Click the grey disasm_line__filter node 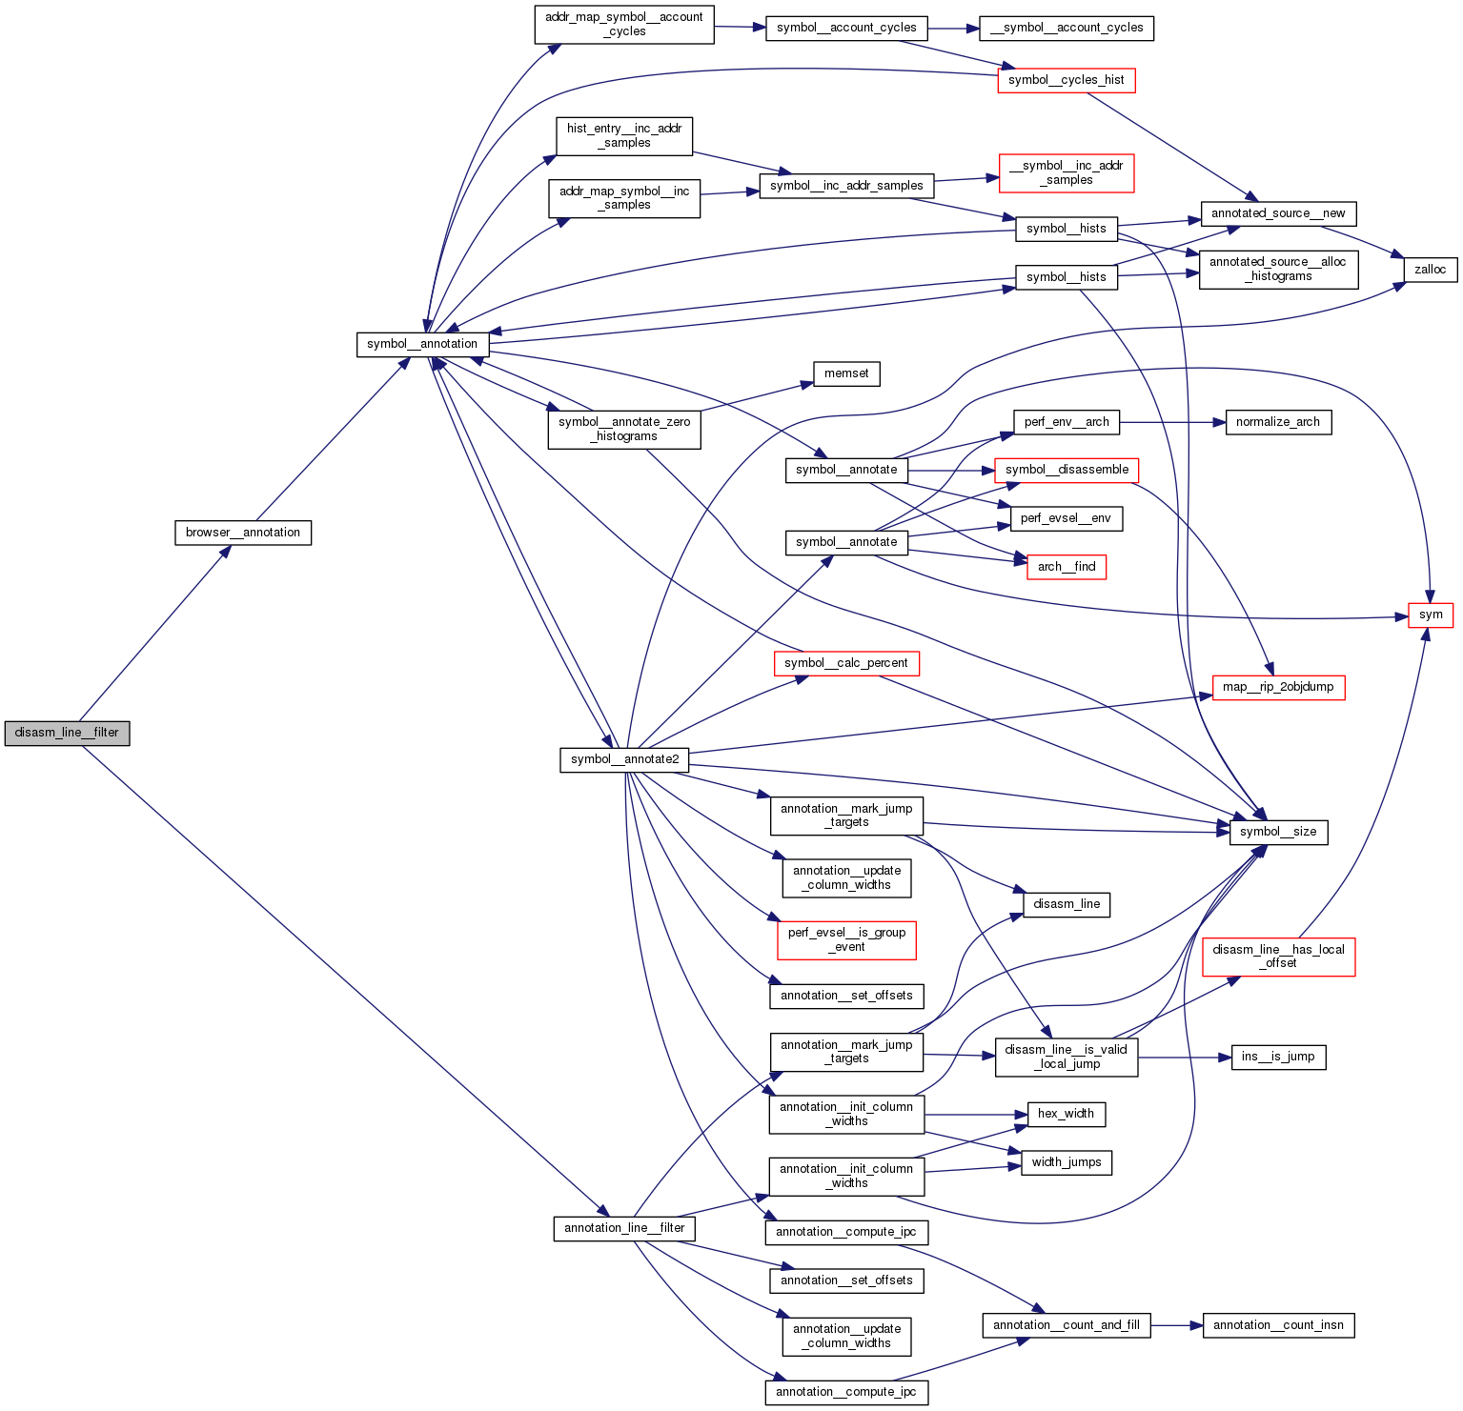click(67, 733)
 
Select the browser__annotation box click(243, 533)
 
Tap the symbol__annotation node click(422, 344)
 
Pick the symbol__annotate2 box click(624, 759)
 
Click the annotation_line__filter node click(624, 1228)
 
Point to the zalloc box click(1430, 270)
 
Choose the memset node click(846, 373)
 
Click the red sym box click(1431, 615)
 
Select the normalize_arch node click(1277, 422)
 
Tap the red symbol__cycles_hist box click(1066, 80)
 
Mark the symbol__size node click(1277, 832)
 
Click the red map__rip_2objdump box click(1277, 687)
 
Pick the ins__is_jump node click(1277, 1057)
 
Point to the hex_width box click(1066, 1114)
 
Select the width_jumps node click(1066, 1162)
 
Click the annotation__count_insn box click(1277, 1325)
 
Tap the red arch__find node click(1066, 567)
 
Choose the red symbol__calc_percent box click(845, 663)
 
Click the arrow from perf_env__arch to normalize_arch click(1172, 422)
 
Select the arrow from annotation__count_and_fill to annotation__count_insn click(1176, 1325)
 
